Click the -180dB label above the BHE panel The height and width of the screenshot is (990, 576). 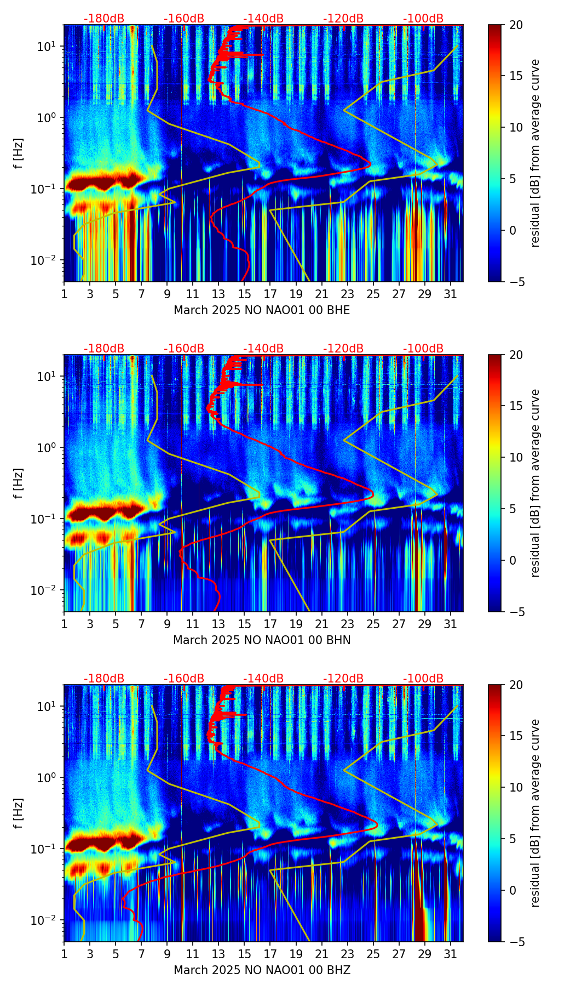pyautogui.click(x=104, y=19)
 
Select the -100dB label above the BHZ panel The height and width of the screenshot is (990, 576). pyautogui.click(x=423, y=679)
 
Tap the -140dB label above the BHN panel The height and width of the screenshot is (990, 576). pyautogui.click(x=263, y=349)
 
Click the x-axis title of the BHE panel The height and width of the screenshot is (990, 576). pyautogui.click(x=262, y=310)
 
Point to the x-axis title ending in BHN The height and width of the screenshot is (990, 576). pyautogui.click(x=262, y=640)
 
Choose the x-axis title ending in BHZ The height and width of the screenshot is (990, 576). pyautogui.click(x=262, y=970)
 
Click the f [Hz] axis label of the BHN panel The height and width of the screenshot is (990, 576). pyautogui.click(x=19, y=483)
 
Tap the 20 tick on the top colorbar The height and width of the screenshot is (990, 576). pyautogui.click(x=516, y=25)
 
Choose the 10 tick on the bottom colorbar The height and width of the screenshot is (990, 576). pyautogui.click(x=516, y=787)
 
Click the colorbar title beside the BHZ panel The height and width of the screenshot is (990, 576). pyautogui.click(x=535, y=813)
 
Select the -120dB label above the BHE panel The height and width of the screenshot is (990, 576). pyautogui.click(x=343, y=19)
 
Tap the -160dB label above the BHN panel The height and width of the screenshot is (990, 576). pyautogui.click(x=184, y=349)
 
